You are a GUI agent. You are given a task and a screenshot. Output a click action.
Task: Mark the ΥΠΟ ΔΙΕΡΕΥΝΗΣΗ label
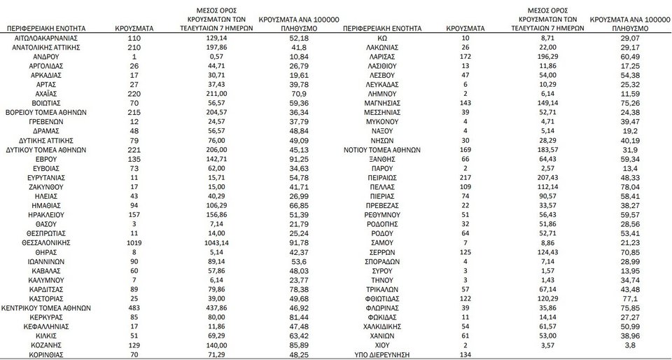[382, 355]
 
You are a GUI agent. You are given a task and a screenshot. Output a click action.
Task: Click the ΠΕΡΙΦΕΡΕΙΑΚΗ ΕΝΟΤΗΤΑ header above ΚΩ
[381, 27]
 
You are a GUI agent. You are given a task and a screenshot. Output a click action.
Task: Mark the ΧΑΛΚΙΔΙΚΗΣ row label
[382, 326]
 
